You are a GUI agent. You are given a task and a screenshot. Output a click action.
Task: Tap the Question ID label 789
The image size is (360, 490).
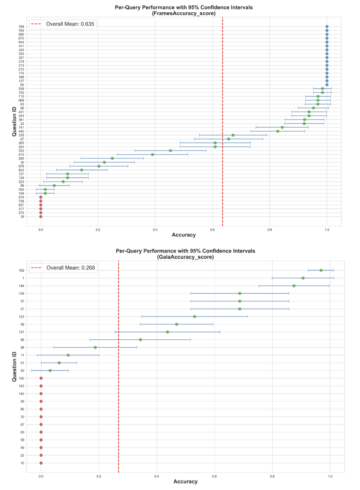[21, 27]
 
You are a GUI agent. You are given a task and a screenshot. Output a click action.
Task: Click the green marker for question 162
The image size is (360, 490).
[321, 270]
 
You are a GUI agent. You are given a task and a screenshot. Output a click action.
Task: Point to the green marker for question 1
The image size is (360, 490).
[303, 278]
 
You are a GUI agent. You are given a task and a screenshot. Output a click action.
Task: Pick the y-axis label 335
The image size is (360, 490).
[21, 135]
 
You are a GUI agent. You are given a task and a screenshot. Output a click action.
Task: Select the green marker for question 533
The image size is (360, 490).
[171, 151]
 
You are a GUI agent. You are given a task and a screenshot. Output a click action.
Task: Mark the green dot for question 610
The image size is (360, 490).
[153, 154]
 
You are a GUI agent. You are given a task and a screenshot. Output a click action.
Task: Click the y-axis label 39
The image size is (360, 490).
[22, 217]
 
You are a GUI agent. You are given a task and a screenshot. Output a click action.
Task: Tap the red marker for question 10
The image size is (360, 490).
[41, 463]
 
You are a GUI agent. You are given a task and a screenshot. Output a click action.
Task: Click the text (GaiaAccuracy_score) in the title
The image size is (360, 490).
[186, 256]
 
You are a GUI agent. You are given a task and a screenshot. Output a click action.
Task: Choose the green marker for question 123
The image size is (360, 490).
[195, 316]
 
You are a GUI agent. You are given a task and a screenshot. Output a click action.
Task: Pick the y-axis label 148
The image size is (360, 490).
[21, 286]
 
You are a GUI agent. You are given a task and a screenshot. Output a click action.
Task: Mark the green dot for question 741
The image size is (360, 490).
[282, 127]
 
